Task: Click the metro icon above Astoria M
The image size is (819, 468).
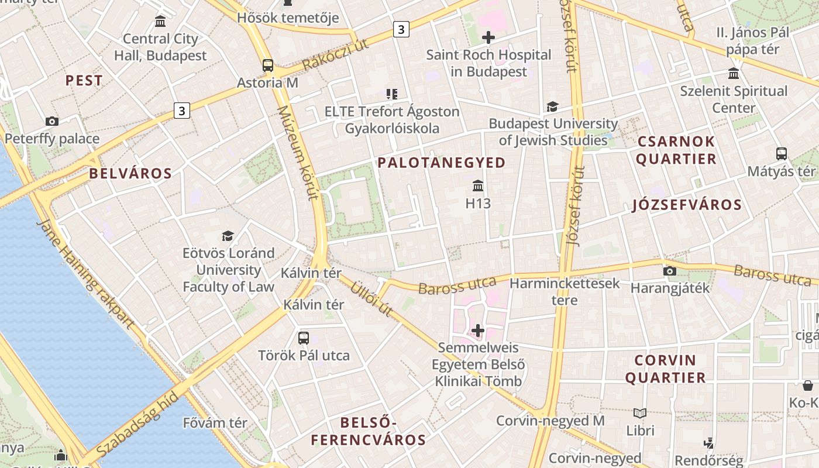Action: point(268,65)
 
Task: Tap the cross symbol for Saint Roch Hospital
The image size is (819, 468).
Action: point(488,38)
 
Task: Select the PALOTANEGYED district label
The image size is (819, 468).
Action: point(442,163)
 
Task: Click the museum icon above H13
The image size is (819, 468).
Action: point(478,186)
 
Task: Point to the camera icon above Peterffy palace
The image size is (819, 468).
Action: point(52,121)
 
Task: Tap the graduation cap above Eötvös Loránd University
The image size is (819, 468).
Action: point(228,236)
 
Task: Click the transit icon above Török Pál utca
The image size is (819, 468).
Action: point(303,338)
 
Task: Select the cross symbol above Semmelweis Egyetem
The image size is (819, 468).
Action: point(478,331)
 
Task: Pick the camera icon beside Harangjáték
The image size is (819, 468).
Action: point(670,271)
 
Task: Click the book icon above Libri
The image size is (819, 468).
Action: point(640,413)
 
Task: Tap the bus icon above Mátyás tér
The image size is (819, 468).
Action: point(781,154)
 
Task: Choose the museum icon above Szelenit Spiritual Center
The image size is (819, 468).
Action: point(733,73)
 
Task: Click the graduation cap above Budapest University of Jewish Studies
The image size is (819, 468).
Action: point(552,106)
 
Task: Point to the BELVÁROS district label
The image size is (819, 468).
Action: point(130,173)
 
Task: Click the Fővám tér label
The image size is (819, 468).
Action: point(215,422)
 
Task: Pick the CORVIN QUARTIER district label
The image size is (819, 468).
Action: point(665,369)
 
